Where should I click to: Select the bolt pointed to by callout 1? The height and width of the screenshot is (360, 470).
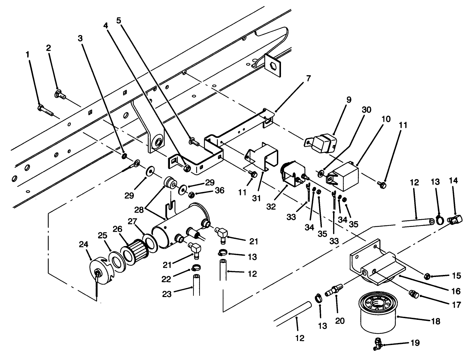click(x=45, y=110)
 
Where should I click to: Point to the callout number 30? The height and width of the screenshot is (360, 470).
click(x=366, y=110)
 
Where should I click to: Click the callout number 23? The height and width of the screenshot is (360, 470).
click(x=167, y=294)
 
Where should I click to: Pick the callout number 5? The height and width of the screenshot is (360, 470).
click(x=118, y=20)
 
